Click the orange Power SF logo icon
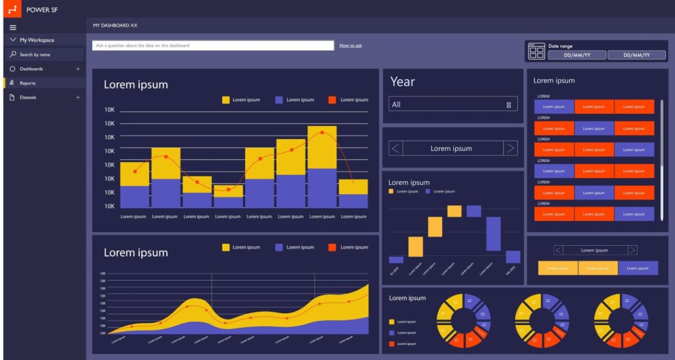12,10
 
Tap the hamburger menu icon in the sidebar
13,27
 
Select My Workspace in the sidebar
37,40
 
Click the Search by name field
45,55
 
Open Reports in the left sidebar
28,83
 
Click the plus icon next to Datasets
78,97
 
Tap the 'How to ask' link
350,46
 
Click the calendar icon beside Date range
537,51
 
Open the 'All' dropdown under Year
453,105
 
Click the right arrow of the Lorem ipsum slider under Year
510,148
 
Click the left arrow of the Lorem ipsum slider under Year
395,148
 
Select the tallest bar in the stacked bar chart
322,166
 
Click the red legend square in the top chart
332,100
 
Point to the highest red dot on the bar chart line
322,133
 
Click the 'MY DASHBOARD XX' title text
115,25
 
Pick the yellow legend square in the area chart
226,247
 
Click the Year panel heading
403,82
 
